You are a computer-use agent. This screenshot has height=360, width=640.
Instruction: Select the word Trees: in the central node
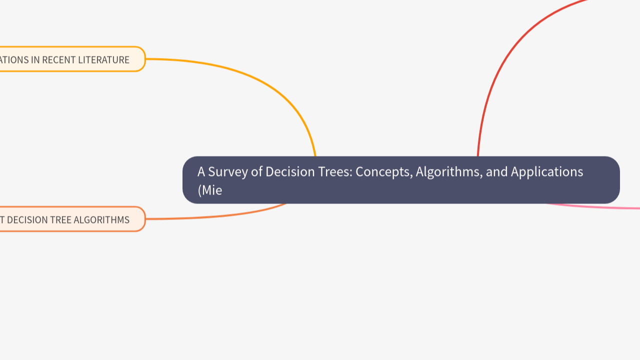click(x=335, y=172)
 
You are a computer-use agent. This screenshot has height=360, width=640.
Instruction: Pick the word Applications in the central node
click(x=547, y=172)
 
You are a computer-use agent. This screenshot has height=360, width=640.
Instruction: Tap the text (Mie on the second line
click(x=209, y=190)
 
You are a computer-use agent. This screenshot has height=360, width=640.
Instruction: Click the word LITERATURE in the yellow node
click(x=103, y=60)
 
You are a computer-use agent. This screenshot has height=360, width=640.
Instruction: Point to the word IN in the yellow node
click(x=35, y=60)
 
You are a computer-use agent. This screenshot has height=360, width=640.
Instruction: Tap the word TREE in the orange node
click(x=63, y=220)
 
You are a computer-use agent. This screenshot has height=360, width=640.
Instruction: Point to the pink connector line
click(x=600, y=207)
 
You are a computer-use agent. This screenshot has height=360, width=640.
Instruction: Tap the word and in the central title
click(x=496, y=172)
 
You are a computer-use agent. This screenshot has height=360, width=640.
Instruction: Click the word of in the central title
click(x=256, y=172)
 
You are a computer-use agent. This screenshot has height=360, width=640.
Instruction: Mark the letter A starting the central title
click(x=201, y=172)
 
